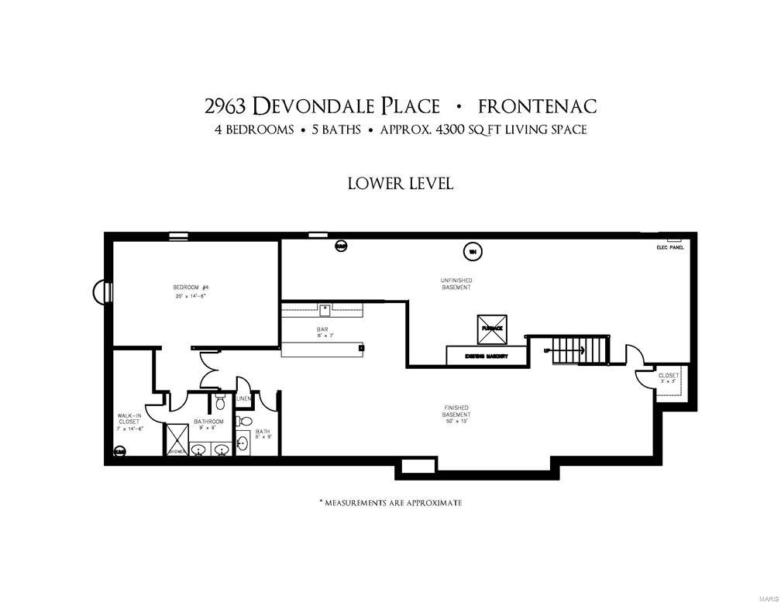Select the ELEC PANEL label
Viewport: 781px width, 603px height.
671,248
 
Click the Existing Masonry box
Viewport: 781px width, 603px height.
487,356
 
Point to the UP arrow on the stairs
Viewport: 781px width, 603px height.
549,351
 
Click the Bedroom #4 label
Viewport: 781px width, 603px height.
191,291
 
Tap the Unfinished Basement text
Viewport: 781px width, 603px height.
456,284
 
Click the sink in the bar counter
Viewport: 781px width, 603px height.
325,310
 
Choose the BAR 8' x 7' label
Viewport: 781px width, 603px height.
322,333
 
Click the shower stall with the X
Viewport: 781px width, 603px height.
176,439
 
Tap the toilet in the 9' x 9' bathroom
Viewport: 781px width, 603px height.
220,401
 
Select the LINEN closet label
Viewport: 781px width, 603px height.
243,399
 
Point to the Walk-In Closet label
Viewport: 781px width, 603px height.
129,425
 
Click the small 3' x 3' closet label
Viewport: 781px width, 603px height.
669,378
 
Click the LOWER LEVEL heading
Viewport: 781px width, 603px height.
400,184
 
